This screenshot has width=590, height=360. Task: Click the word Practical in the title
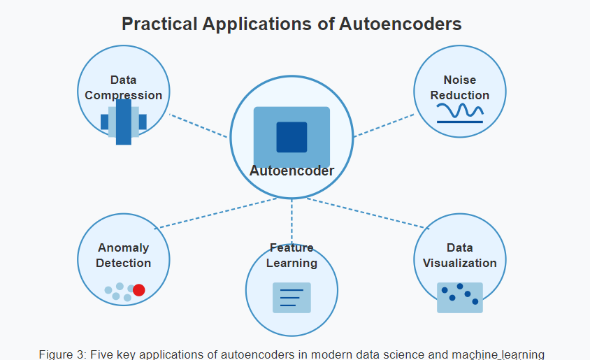[159, 24]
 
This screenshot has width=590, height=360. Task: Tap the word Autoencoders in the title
[400, 24]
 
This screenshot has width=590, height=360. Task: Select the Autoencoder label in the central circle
[292, 171]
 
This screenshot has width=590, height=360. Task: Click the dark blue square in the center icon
[292, 137]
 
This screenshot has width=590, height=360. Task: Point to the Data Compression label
[124, 87]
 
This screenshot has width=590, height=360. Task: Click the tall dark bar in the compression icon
[124, 122]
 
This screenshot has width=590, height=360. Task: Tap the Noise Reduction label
[460, 87]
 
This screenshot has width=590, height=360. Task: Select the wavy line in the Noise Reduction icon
[460, 110]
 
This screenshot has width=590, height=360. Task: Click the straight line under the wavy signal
[460, 122]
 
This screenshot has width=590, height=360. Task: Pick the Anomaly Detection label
[124, 255]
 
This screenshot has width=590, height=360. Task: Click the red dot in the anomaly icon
[139, 290]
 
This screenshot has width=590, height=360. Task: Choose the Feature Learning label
[292, 255]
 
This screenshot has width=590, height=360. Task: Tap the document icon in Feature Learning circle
[292, 298]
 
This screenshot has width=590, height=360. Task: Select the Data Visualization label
[460, 255]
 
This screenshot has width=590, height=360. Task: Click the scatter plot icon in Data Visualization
[460, 298]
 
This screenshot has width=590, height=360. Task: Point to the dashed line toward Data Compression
[199, 126]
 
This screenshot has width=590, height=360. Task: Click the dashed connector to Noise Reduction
[384, 125]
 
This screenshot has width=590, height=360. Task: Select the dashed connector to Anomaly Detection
[216, 213]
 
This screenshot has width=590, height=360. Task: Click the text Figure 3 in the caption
[62, 354]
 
